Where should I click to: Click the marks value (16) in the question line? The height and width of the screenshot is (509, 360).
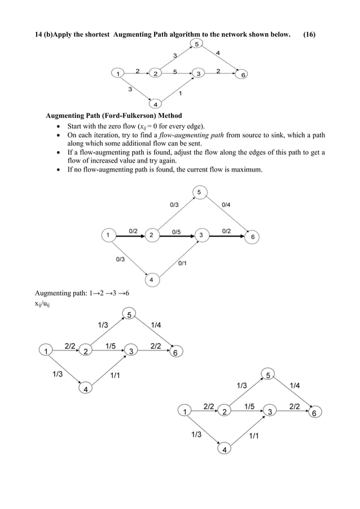pyautogui.click(x=309, y=34)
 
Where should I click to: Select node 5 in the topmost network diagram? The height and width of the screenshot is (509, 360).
pyautogui.click(x=196, y=44)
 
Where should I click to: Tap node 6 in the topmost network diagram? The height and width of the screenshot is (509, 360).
pyautogui.click(x=243, y=75)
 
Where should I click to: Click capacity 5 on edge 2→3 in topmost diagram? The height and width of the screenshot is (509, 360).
pyautogui.click(x=175, y=72)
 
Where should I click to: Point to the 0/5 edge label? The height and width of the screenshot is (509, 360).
pyautogui.click(x=177, y=231)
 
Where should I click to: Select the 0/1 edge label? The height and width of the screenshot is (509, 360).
pyautogui.click(x=183, y=263)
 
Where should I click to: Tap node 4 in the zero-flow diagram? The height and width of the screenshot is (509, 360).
pyautogui.click(x=151, y=280)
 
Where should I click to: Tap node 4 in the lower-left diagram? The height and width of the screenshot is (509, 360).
pyautogui.click(x=85, y=389)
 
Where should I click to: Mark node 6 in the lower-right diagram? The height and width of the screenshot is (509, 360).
pyautogui.click(x=315, y=413)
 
